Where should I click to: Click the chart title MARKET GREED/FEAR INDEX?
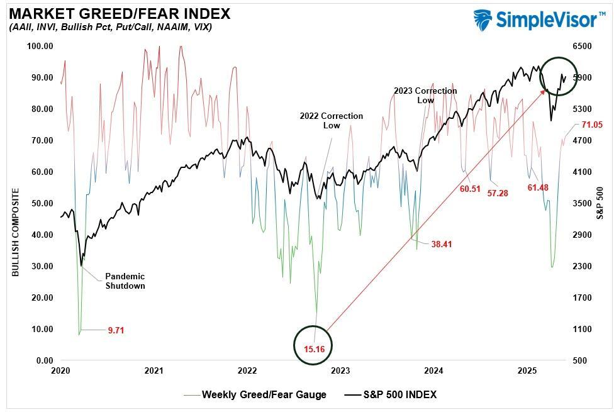click(120, 13)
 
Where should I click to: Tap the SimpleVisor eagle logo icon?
click(483, 19)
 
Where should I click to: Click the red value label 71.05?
click(591, 125)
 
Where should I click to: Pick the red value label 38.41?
click(441, 244)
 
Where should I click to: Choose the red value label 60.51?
click(470, 189)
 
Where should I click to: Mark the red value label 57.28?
click(497, 193)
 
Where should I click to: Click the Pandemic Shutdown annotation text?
click(125, 281)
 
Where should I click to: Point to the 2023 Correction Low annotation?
click(425, 96)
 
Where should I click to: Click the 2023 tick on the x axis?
click(340, 371)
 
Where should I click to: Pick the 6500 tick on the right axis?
click(582, 46)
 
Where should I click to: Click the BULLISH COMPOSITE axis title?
click(14, 232)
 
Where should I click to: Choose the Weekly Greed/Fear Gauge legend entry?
click(264, 395)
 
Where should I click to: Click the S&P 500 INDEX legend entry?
click(398, 395)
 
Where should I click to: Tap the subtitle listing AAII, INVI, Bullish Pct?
click(110, 28)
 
